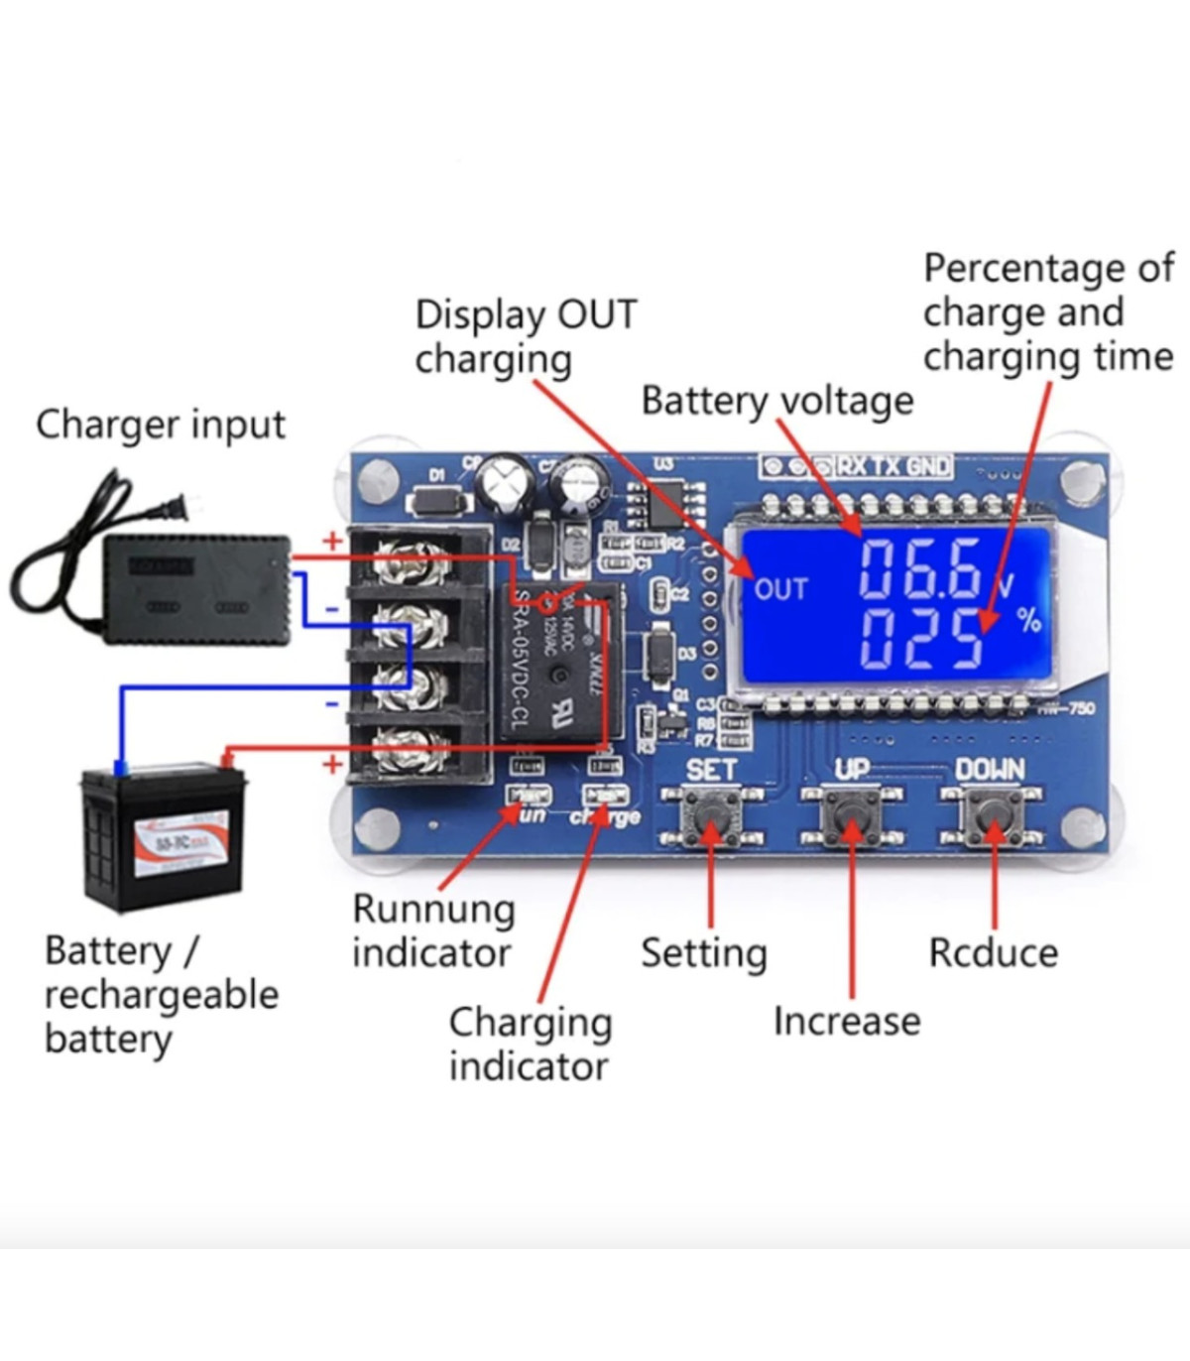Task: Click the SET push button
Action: [x=711, y=816]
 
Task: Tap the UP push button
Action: [x=852, y=816]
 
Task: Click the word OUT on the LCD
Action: [x=780, y=589]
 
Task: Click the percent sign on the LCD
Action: [x=1029, y=621]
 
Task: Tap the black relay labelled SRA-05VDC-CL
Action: [x=560, y=660]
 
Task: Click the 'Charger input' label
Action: [x=161, y=425]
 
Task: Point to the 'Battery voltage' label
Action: [x=776, y=401]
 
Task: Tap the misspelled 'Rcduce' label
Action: [x=993, y=953]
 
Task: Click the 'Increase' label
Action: [x=847, y=1021]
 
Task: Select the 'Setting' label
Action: [x=704, y=953]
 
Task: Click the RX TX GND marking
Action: [x=892, y=466]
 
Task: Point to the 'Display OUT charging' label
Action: [x=525, y=336]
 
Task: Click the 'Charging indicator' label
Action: [x=530, y=1044]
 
